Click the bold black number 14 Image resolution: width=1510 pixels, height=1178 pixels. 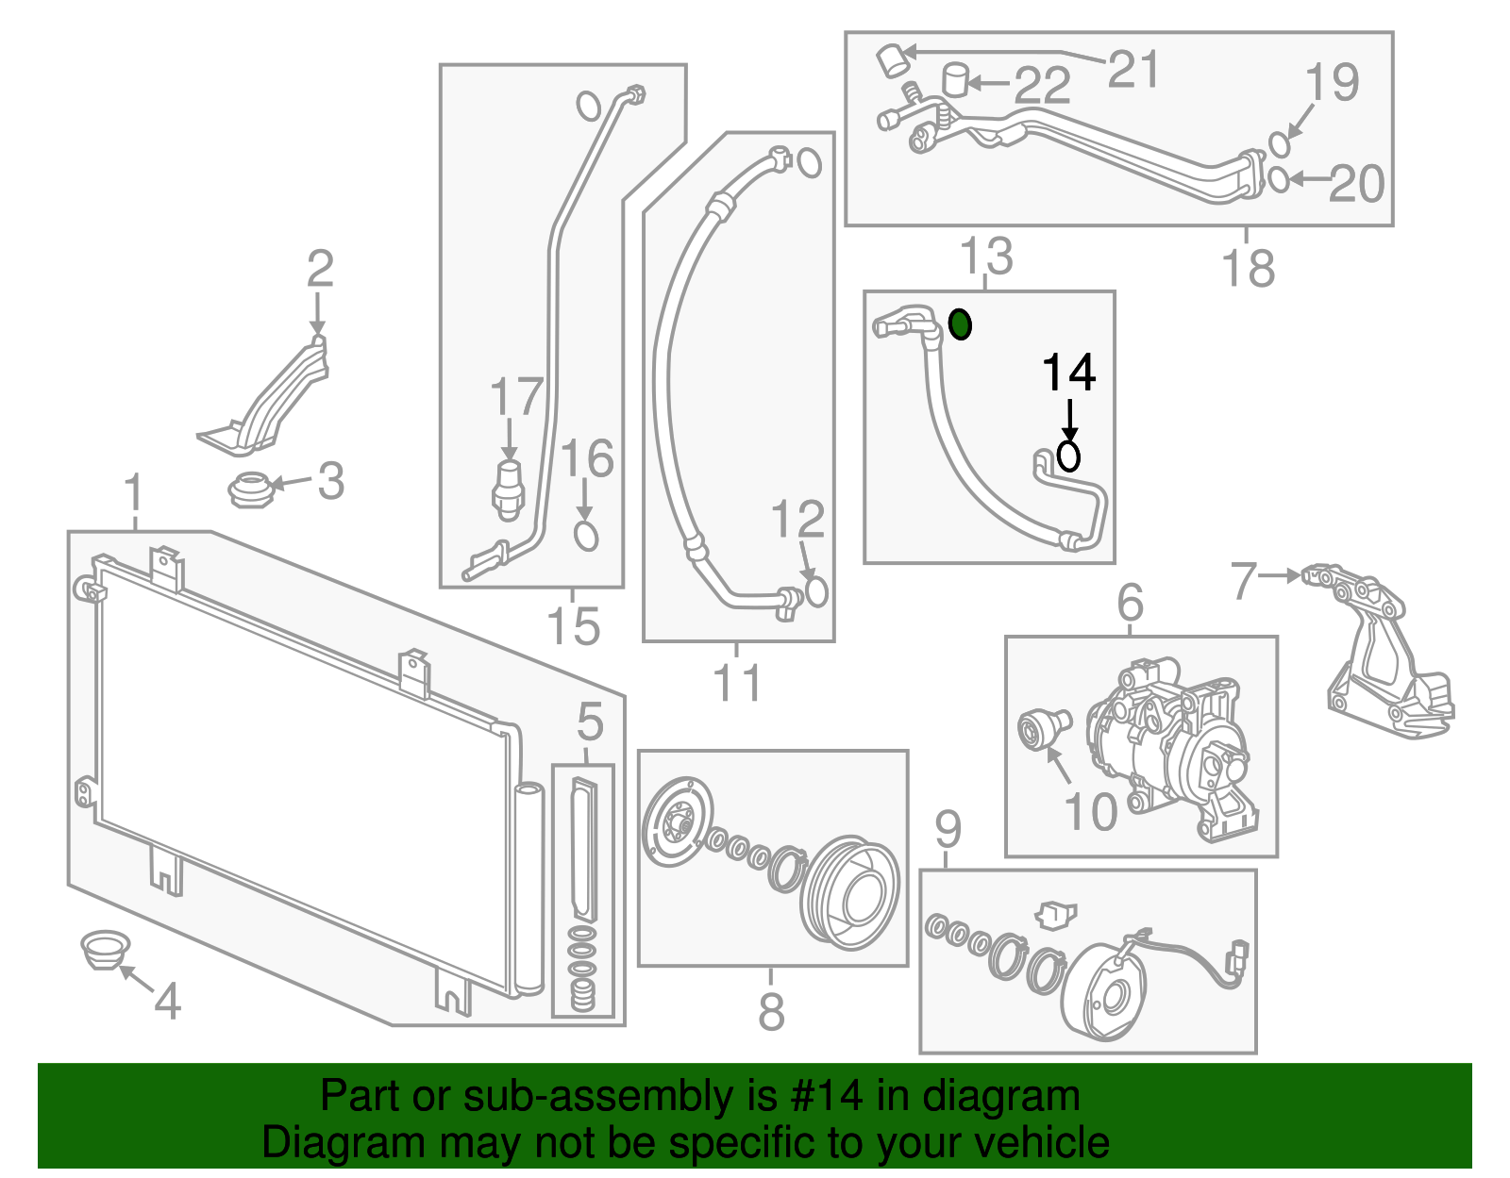pyautogui.click(x=1068, y=373)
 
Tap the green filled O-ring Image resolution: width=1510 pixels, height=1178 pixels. pyautogui.click(x=960, y=324)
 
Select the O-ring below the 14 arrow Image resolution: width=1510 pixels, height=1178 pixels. pyautogui.click(x=1068, y=456)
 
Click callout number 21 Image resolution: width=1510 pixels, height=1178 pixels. pyautogui.click(x=1132, y=69)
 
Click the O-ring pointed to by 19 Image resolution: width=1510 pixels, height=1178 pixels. pyautogui.click(x=1279, y=144)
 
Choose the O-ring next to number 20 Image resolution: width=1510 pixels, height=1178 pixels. pyautogui.click(x=1278, y=178)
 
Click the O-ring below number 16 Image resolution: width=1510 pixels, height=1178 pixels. pyautogui.click(x=586, y=537)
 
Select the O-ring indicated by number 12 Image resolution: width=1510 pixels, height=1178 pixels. pyautogui.click(x=815, y=591)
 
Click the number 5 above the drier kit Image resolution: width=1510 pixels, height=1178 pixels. pyautogui.click(x=590, y=723)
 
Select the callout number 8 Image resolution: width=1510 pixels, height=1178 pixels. pyautogui.click(x=771, y=1012)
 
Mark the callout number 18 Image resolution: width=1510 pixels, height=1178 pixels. pyautogui.click(x=1248, y=268)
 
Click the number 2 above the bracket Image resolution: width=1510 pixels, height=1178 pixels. pyautogui.click(x=320, y=269)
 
